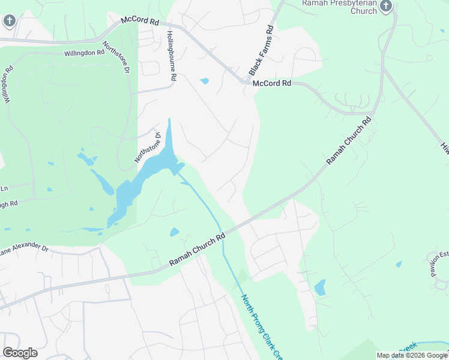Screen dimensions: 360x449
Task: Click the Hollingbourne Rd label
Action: tap(171, 56)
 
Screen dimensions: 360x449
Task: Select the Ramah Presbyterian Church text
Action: tap(339, 7)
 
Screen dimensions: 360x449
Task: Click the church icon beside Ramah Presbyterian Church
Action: tap(385, 7)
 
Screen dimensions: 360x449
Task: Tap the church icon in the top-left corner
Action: tap(8, 21)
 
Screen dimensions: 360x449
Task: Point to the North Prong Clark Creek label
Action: tap(262, 327)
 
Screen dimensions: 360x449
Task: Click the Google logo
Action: tap(20, 353)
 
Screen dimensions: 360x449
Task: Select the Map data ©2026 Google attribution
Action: tap(412, 356)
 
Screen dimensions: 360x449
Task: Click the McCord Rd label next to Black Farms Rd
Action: tap(271, 83)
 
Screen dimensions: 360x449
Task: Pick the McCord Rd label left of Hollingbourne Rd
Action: tap(139, 20)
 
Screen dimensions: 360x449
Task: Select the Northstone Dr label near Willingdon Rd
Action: tap(116, 58)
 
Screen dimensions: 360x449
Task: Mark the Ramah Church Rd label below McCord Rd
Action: tap(349, 141)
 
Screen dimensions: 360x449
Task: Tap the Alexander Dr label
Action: tap(24, 249)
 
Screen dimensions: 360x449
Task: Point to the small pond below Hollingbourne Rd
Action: tap(205, 81)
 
